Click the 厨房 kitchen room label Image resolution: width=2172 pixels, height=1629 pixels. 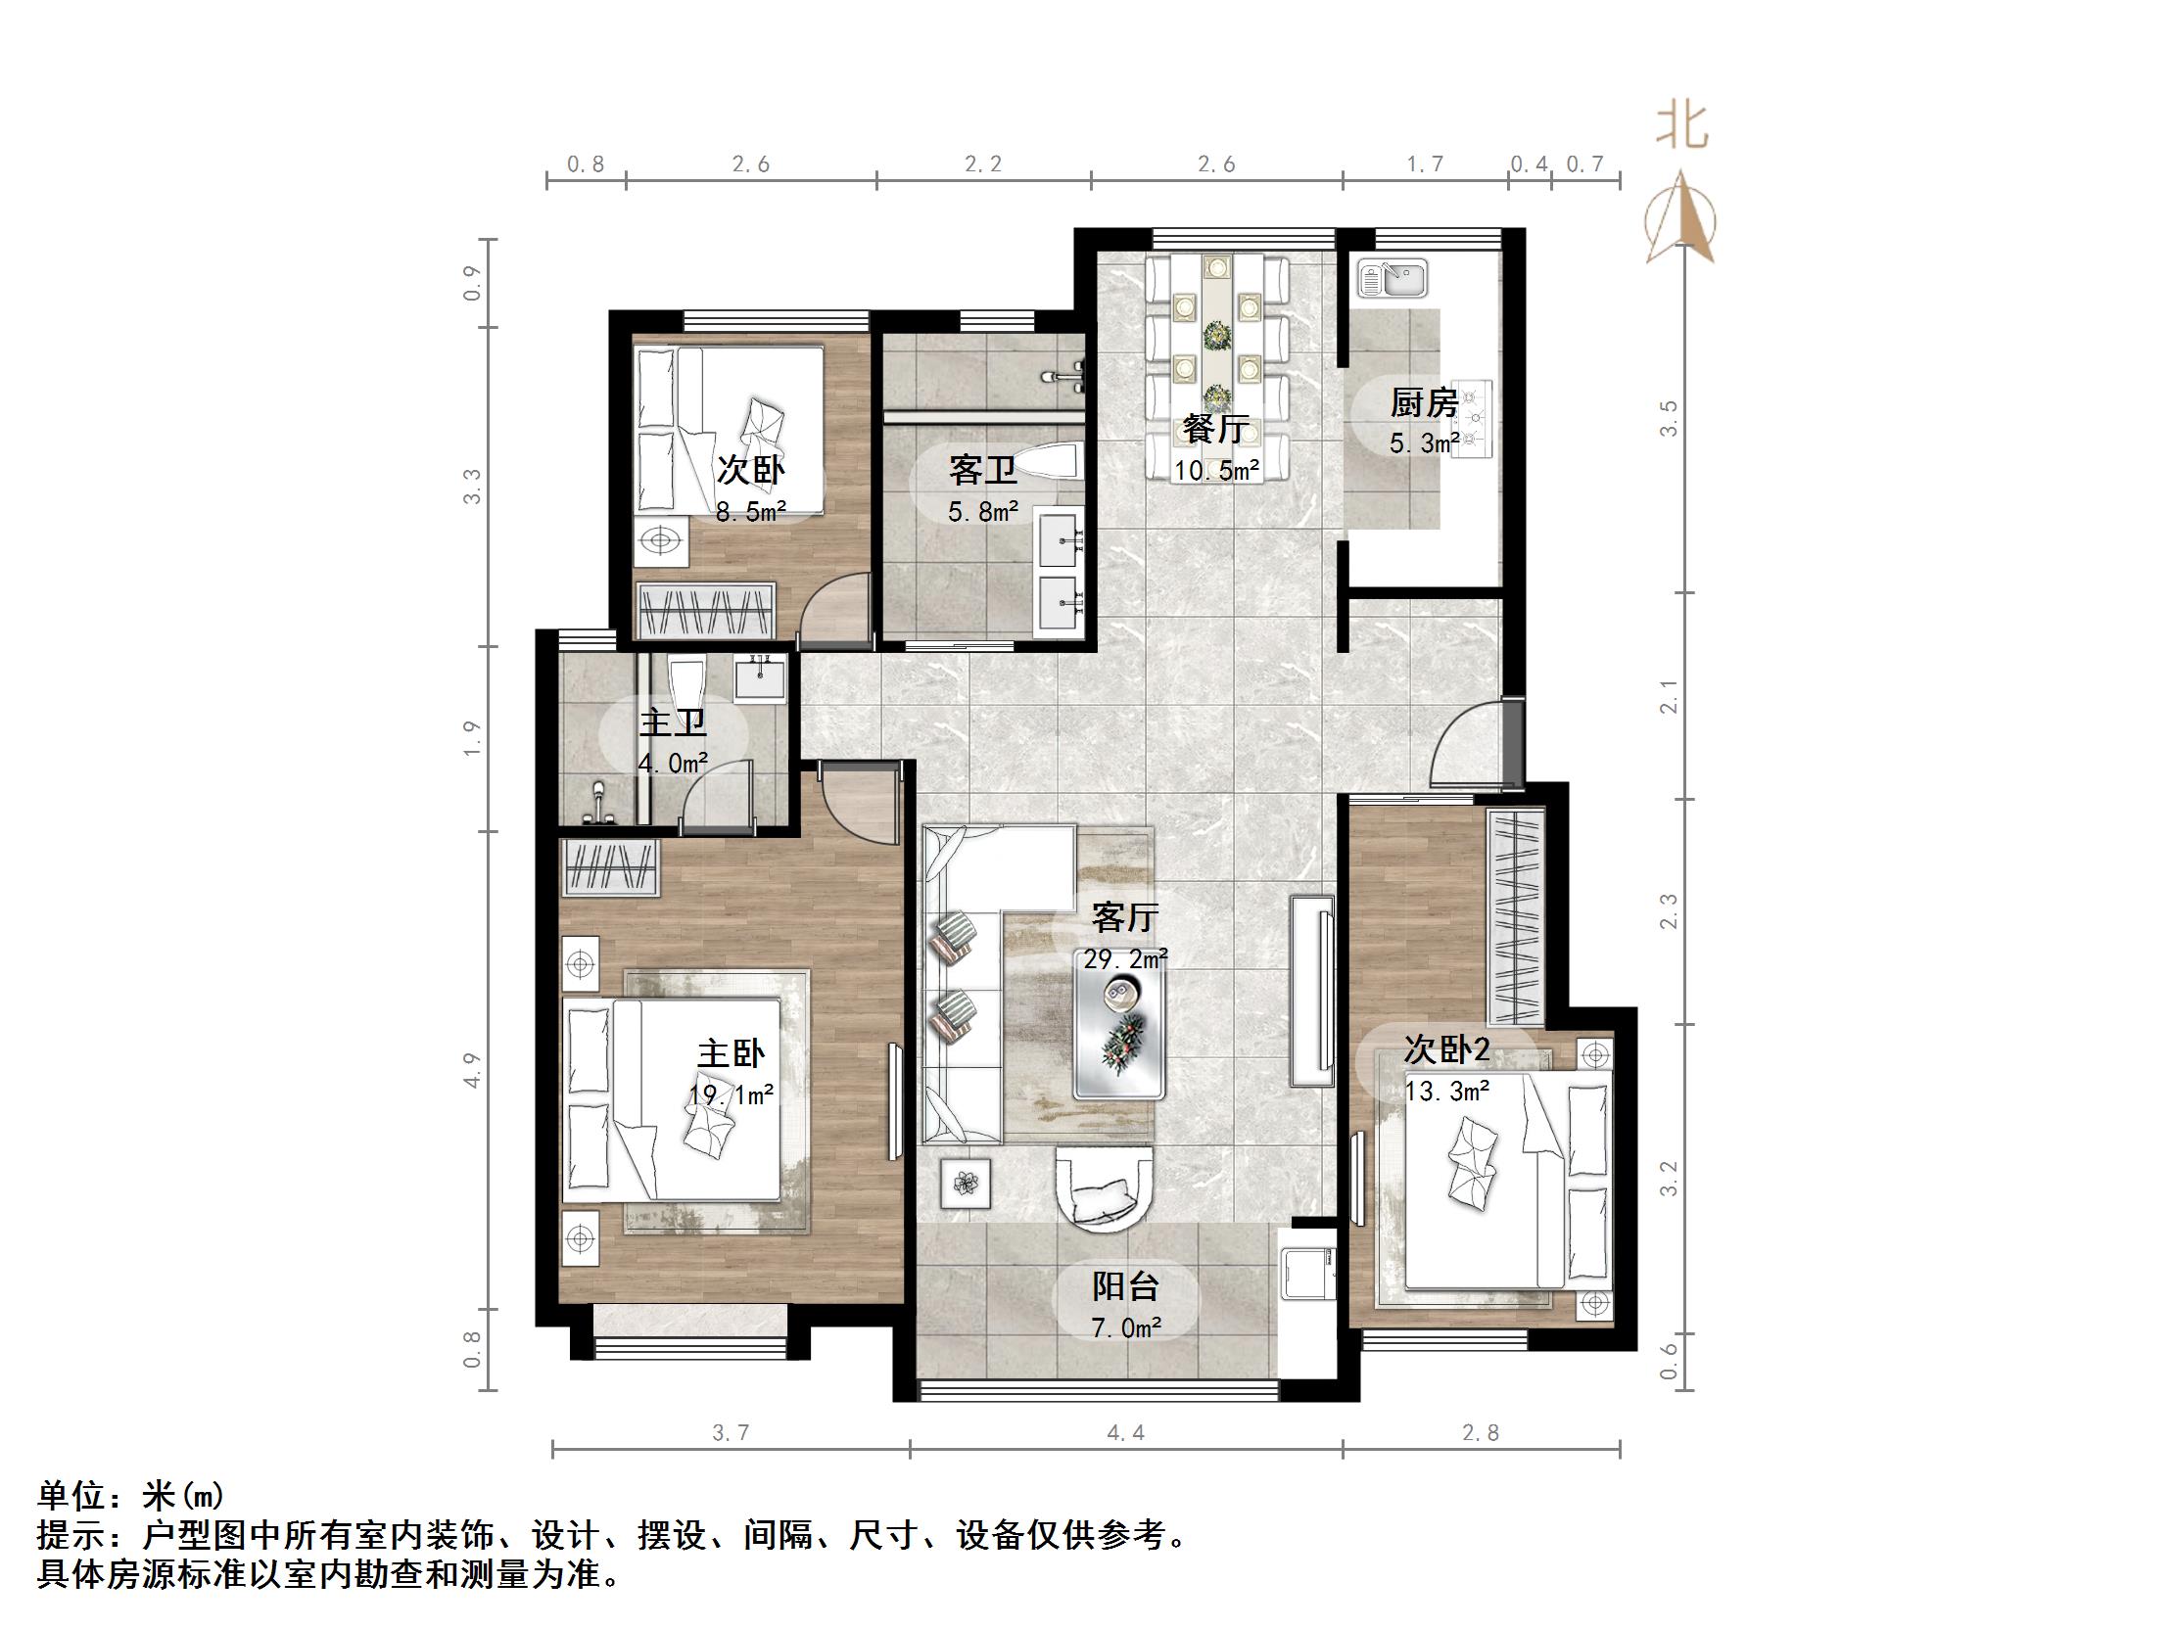coord(1423,402)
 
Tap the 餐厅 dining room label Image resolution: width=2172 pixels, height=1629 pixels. coord(1215,429)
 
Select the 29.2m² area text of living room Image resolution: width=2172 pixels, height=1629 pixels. coord(1125,959)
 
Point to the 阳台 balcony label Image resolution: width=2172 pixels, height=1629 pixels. coord(1126,1286)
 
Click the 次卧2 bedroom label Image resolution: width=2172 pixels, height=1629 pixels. coord(1446,1049)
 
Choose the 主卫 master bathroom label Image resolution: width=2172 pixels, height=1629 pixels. coord(673,723)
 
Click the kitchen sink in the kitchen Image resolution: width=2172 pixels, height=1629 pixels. coord(1393,278)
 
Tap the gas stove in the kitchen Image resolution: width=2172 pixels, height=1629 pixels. coord(1472,420)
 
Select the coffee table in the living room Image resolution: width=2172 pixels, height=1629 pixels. coord(1119,1036)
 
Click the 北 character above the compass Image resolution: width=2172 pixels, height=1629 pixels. coord(1682,128)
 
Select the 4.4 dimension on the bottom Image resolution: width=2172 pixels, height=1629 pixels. coord(1125,1433)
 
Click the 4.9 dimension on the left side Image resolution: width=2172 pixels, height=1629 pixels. coord(473,1069)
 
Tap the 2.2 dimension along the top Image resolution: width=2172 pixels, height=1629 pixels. coord(983,164)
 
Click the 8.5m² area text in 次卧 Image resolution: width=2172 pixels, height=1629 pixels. coord(750,512)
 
